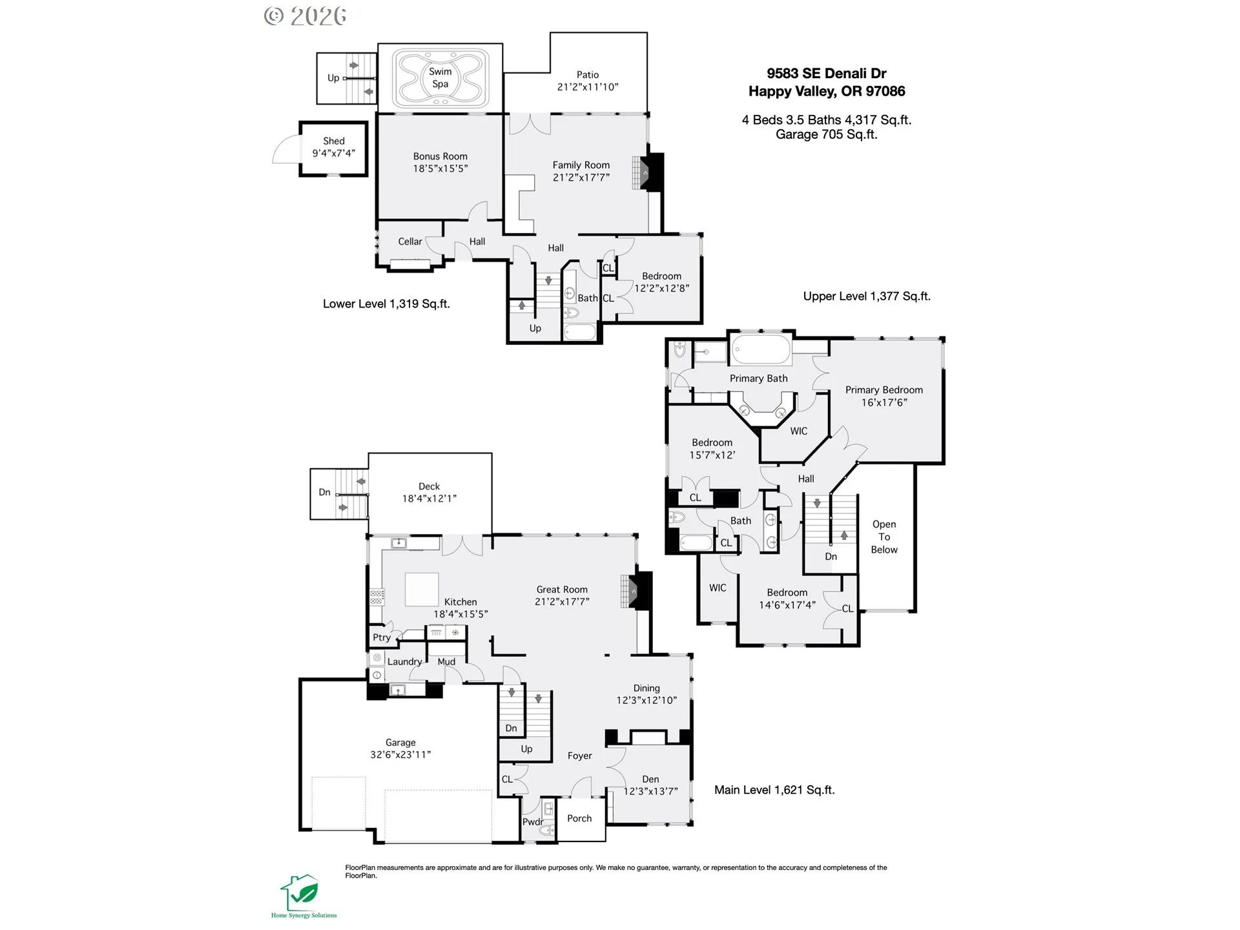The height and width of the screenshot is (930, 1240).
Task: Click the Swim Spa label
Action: click(x=440, y=77)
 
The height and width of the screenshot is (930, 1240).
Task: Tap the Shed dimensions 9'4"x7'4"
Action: click(x=334, y=153)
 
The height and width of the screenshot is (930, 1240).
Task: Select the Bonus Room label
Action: click(x=440, y=156)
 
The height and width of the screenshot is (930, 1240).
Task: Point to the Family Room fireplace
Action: click(x=647, y=172)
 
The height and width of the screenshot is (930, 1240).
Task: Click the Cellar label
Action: click(x=410, y=242)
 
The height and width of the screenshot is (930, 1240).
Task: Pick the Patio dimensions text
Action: click(x=588, y=87)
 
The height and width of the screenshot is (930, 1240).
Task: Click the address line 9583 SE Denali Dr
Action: click(x=827, y=74)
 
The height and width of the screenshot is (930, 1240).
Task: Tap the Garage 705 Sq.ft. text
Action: click(x=827, y=134)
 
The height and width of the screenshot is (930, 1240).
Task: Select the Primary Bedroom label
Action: click(x=884, y=390)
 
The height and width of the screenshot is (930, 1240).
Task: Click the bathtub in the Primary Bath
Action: click(x=761, y=351)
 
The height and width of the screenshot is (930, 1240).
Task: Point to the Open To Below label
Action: click(x=884, y=537)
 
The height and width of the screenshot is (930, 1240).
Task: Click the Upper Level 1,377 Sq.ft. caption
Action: click(x=867, y=296)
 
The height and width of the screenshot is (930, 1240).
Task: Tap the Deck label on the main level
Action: click(x=429, y=486)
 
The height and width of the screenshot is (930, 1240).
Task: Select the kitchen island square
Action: click(x=422, y=589)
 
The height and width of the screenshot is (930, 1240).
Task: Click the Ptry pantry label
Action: click(x=382, y=637)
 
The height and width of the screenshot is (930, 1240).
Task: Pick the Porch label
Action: click(x=579, y=818)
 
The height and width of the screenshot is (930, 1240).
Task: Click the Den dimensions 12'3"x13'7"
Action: click(x=650, y=791)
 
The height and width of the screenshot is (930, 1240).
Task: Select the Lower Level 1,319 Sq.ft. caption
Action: click(x=386, y=304)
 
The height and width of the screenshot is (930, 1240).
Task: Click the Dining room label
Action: click(x=646, y=688)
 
